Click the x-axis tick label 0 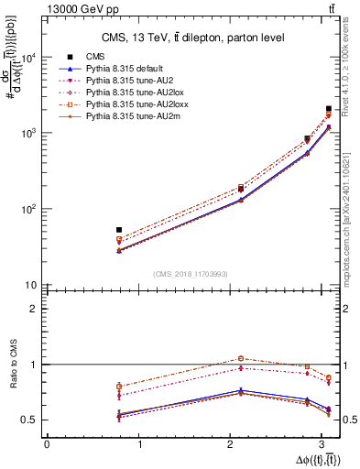click(x=47, y=444)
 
